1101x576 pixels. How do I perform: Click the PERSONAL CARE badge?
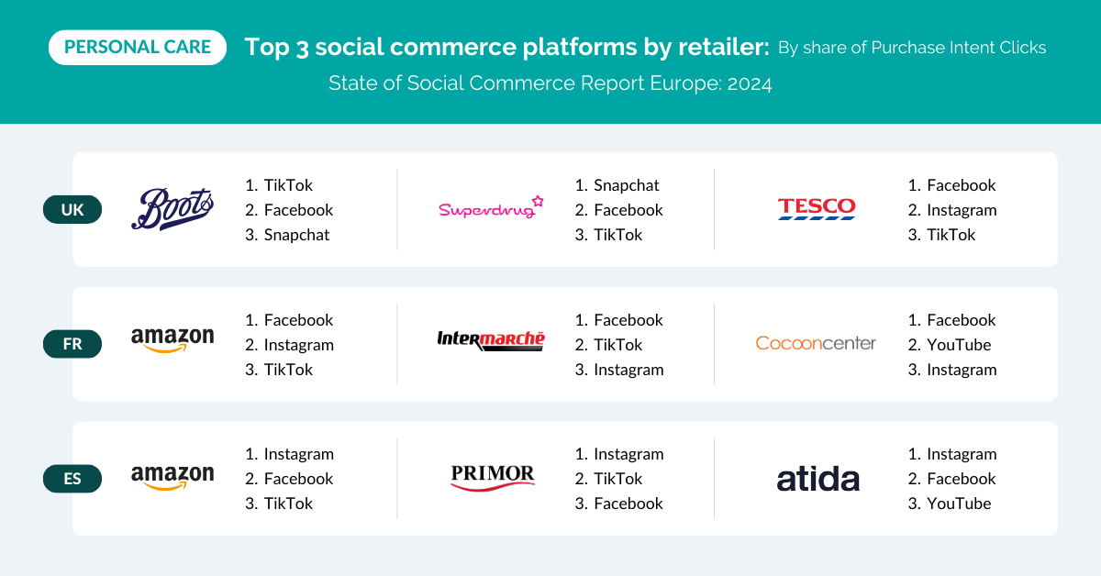click(x=138, y=47)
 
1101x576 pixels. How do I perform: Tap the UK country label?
click(x=72, y=210)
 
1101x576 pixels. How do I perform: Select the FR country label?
click(x=72, y=344)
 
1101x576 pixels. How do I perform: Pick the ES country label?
click(x=72, y=479)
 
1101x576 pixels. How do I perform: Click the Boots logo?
click(x=172, y=209)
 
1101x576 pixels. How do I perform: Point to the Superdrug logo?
click(x=491, y=207)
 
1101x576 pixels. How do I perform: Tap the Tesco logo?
click(x=817, y=208)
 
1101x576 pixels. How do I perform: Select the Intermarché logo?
click(x=491, y=340)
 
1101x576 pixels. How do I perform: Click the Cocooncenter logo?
click(x=816, y=343)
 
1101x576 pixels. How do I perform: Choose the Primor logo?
click(x=493, y=478)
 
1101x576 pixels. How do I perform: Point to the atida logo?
click(x=817, y=480)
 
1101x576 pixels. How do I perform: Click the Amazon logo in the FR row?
click(x=172, y=340)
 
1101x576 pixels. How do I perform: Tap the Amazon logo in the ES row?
click(x=172, y=477)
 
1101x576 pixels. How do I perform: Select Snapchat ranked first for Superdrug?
click(x=626, y=185)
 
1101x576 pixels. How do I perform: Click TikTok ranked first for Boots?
click(x=288, y=185)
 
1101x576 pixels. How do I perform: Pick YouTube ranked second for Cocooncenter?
click(x=959, y=345)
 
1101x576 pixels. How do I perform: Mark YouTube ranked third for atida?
click(x=959, y=504)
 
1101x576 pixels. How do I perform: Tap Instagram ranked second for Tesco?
click(x=962, y=210)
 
